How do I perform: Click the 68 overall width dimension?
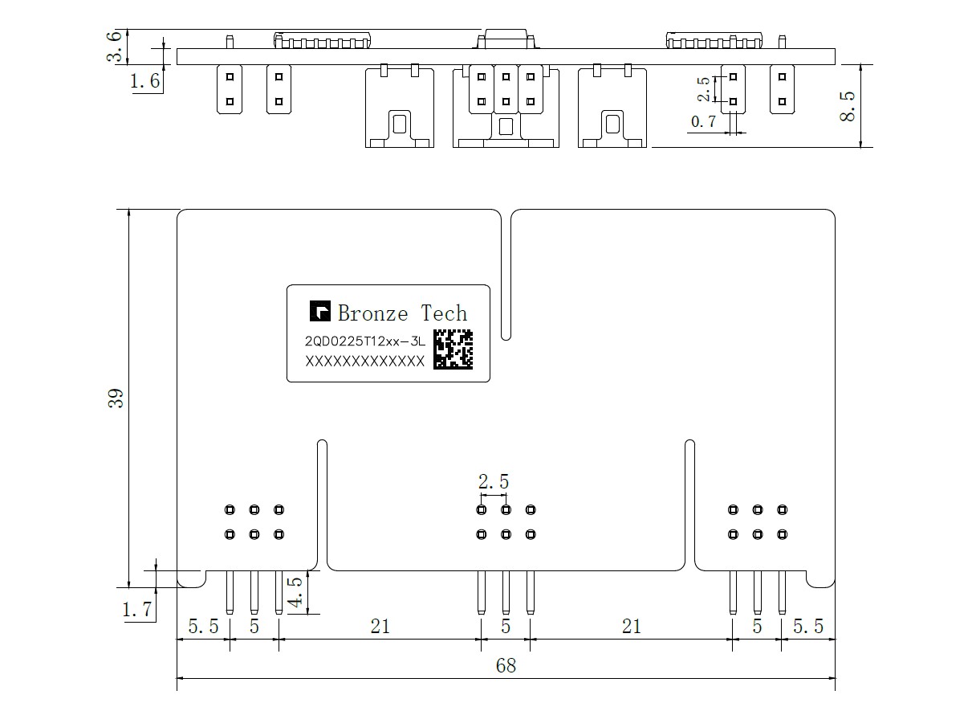pyautogui.click(x=506, y=666)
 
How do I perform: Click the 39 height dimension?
pyautogui.click(x=117, y=398)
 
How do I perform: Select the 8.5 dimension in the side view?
pyautogui.click(x=848, y=105)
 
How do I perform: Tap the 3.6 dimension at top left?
pyautogui.click(x=117, y=47)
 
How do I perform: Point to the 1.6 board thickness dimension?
pyautogui.click(x=144, y=81)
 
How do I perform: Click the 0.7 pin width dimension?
pyautogui.click(x=703, y=122)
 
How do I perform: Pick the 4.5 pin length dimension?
pyautogui.click(x=295, y=592)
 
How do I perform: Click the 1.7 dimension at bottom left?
pyautogui.click(x=137, y=611)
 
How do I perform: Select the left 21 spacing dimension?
pyautogui.click(x=380, y=626)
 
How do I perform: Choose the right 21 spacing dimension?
pyautogui.click(x=632, y=626)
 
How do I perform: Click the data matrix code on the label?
pyautogui.click(x=453, y=349)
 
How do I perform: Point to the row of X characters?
pyautogui.click(x=364, y=362)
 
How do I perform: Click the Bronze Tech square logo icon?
pyautogui.click(x=320, y=312)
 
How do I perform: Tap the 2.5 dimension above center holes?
pyautogui.click(x=494, y=482)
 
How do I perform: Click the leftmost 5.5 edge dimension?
pyautogui.click(x=203, y=626)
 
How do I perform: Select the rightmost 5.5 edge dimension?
pyautogui.click(x=808, y=626)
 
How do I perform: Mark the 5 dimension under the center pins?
pyautogui.click(x=506, y=626)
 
